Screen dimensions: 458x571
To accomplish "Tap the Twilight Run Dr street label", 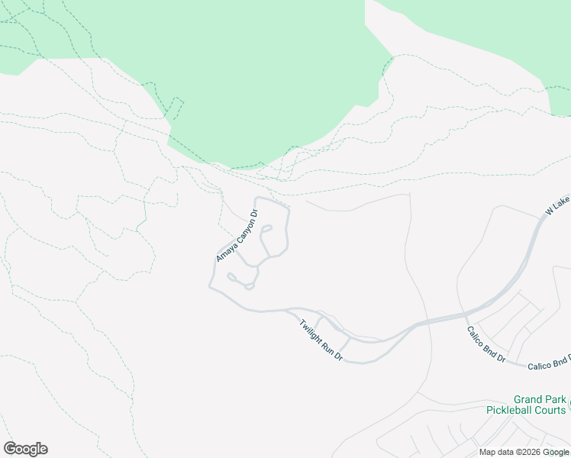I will [x=321, y=340].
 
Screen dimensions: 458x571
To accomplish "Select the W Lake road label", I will [x=558, y=205].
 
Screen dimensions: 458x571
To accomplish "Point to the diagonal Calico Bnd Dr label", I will [x=486, y=344].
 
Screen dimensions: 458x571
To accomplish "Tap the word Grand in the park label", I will [x=528, y=400].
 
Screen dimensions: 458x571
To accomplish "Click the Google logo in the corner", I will [x=25, y=449].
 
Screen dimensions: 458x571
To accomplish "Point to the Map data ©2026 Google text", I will [x=523, y=452].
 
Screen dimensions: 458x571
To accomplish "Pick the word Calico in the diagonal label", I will [x=478, y=336].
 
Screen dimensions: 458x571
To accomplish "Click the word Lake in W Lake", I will [x=563, y=200].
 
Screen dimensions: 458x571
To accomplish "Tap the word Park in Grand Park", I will [x=556, y=400].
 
